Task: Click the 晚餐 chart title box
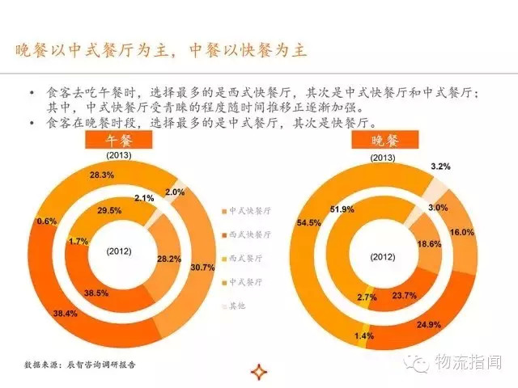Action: (x=374, y=140)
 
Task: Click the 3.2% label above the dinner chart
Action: (x=464, y=165)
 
